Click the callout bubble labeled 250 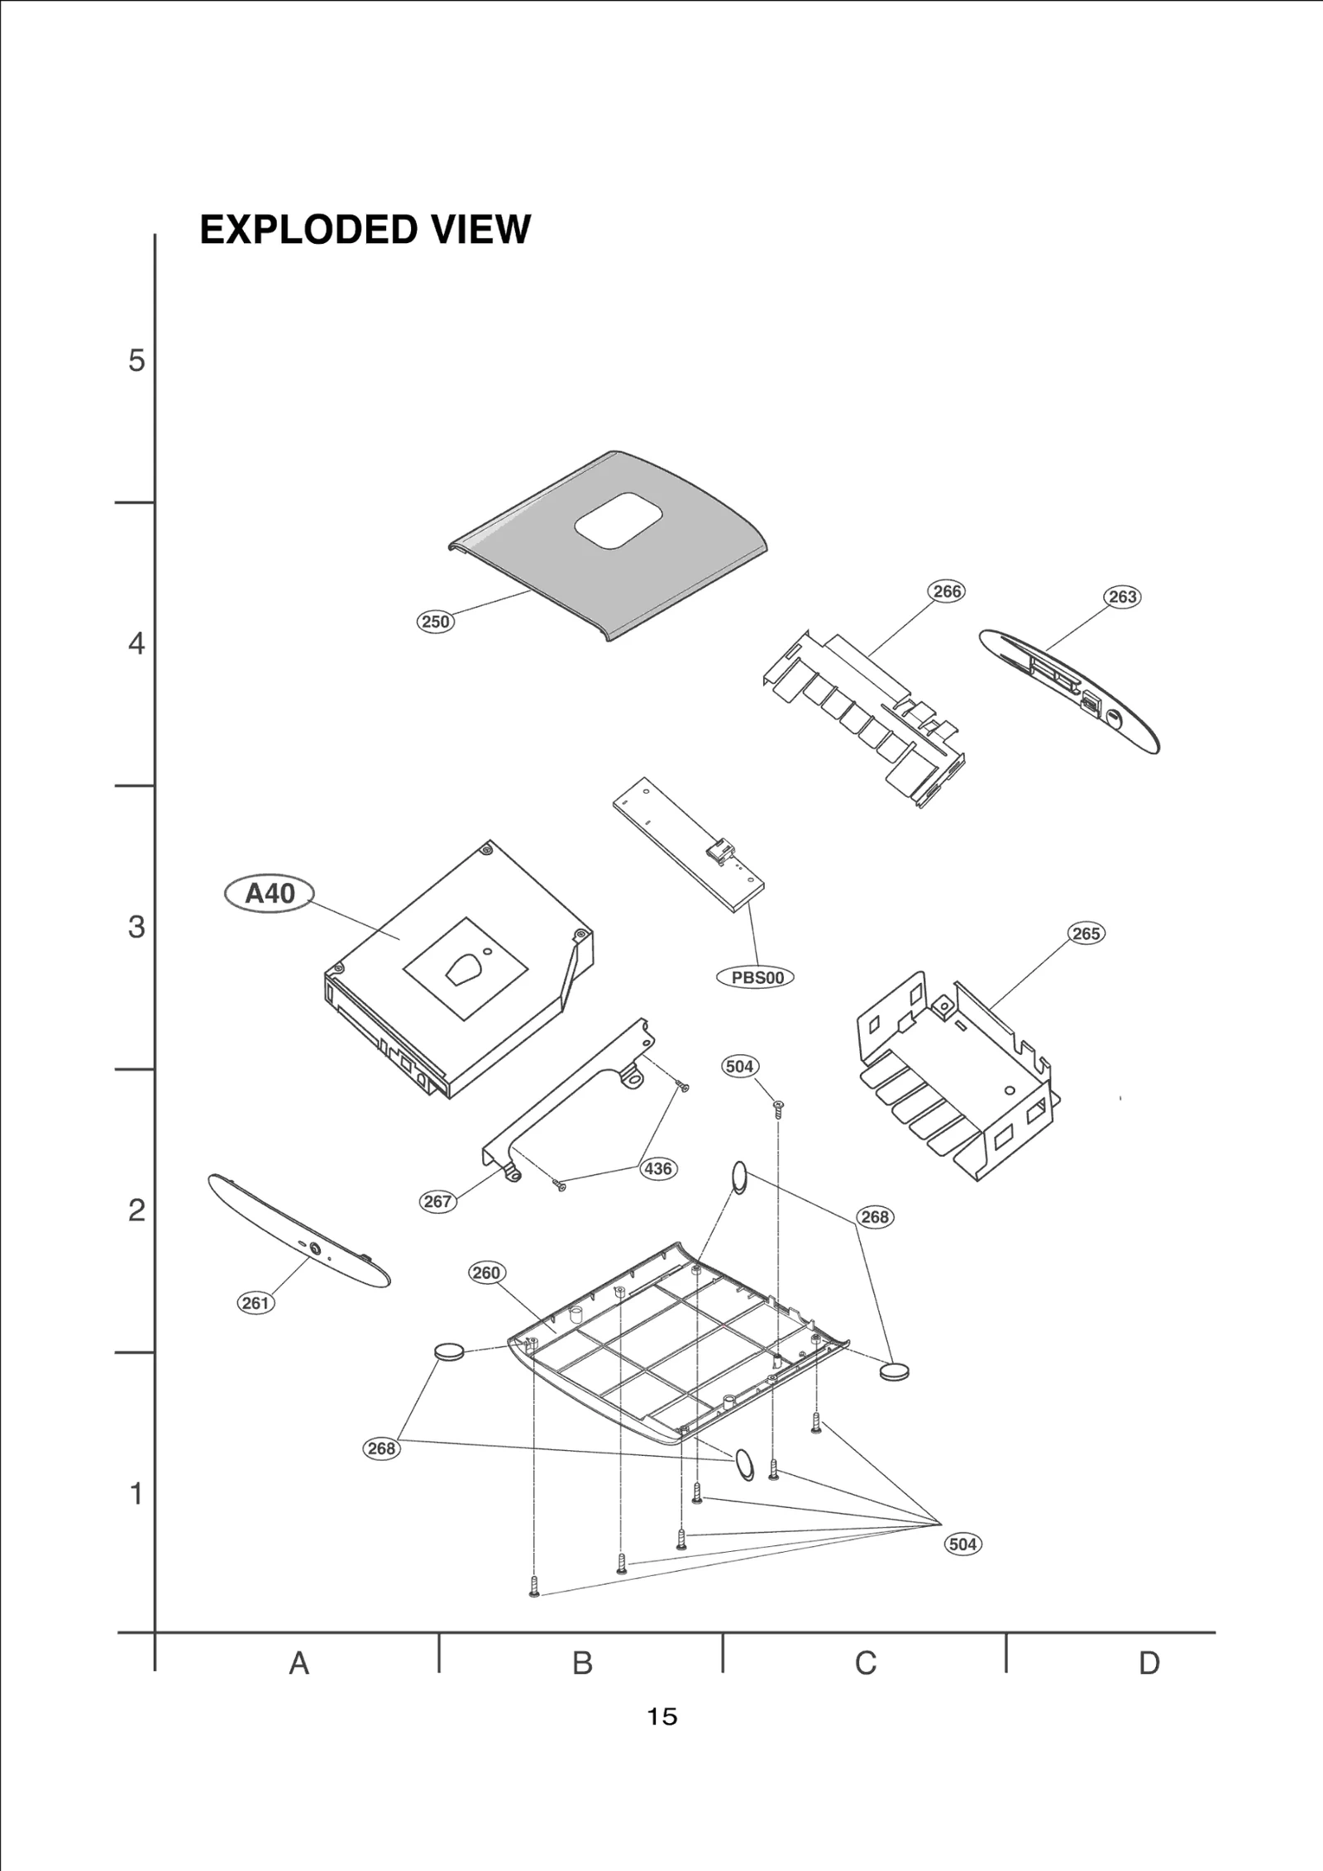[435, 622]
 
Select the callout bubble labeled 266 [947, 591]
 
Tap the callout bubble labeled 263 [1122, 597]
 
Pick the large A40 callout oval [270, 894]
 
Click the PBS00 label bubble [756, 977]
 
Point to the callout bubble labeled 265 [1086, 933]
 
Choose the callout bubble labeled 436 [657, 1169]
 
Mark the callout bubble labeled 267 [437, 1201]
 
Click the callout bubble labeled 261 [256, 1303]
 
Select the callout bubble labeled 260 [486, 1272]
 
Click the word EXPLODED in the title [303, 230]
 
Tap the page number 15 [662, 1717]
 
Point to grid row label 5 [136, 361]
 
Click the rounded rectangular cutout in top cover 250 [619, 521]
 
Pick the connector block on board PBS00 [719, 849]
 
